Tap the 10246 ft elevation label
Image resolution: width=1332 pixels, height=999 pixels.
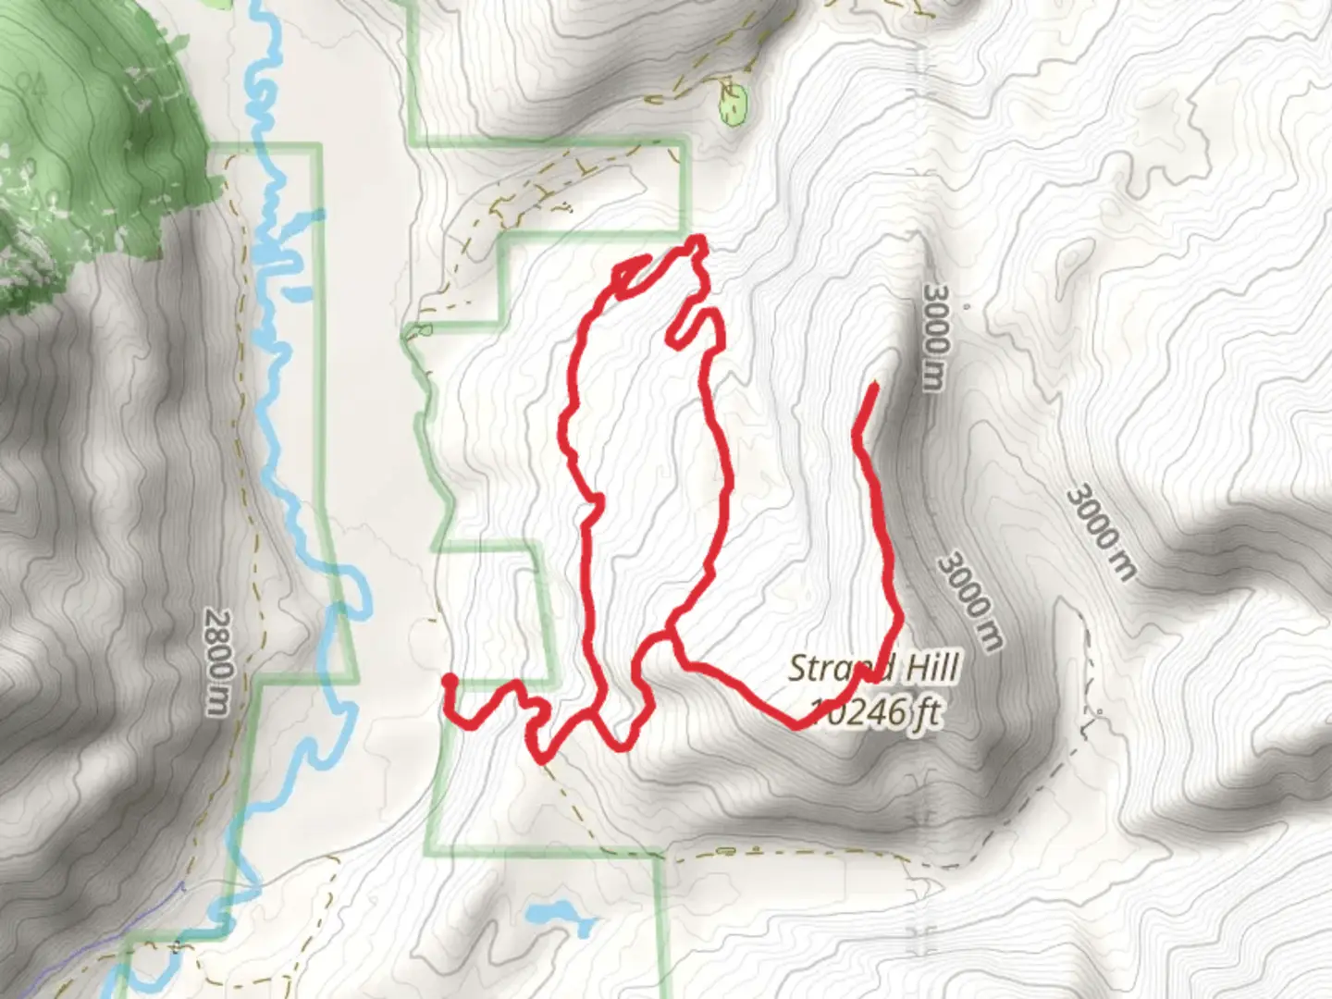pos(874,713)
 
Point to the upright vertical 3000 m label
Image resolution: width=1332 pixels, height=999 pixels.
pos(934,337)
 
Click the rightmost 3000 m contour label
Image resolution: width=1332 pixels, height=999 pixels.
pos(1100,533)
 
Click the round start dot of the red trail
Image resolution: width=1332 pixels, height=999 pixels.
pos(450,682)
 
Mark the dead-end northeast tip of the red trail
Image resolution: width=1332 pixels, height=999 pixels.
pos(874,384)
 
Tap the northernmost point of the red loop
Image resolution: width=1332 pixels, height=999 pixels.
pos(697,241)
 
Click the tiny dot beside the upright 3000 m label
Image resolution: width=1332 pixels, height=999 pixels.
pos(966,304)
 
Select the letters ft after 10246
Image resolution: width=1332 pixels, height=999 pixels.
pos(927,713)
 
